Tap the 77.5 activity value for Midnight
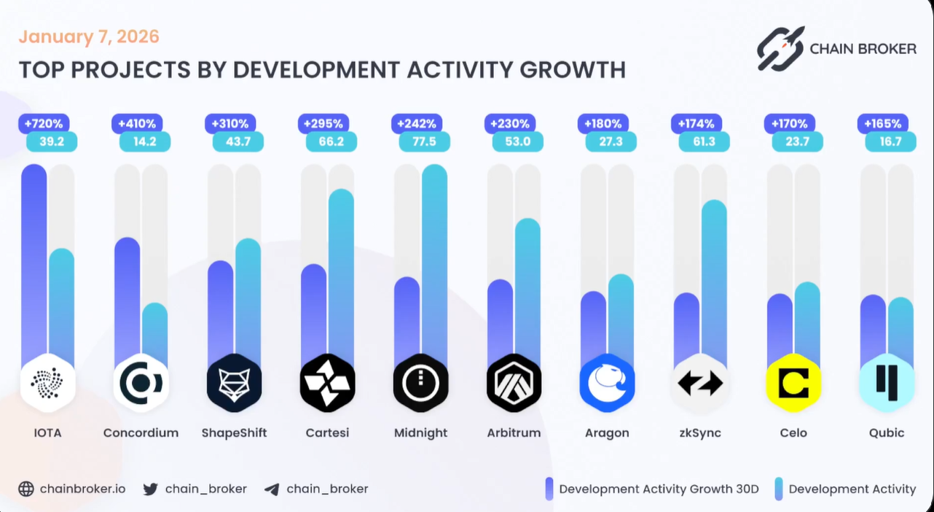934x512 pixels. (x=424, y=141)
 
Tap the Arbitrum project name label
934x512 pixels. (x=514, y=433)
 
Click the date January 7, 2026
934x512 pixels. (x=88, y=36)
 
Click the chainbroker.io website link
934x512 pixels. (x=82, y=489)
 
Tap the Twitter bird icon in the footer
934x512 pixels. (x=151, y=489)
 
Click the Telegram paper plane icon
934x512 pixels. (x=272, y=489)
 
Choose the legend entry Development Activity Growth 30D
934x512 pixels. (x=659, y=489)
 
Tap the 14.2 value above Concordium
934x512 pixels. (x=144, y=141)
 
